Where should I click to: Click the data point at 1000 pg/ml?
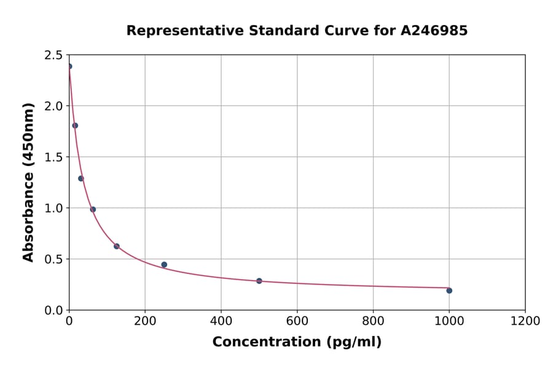(449, 291)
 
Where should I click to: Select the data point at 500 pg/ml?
(259, 281)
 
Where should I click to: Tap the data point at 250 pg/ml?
(164, 265)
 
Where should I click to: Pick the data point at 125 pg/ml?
(117, 246)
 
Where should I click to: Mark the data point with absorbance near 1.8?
(75, 125)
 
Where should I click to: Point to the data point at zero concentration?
(69, 66)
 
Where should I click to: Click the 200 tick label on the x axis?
(145, 321)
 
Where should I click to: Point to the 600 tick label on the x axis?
(297, 321)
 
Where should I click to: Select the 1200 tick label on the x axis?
(525, 321)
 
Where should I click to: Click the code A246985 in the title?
(434, 31)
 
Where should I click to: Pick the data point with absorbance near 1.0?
(93, 210)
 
